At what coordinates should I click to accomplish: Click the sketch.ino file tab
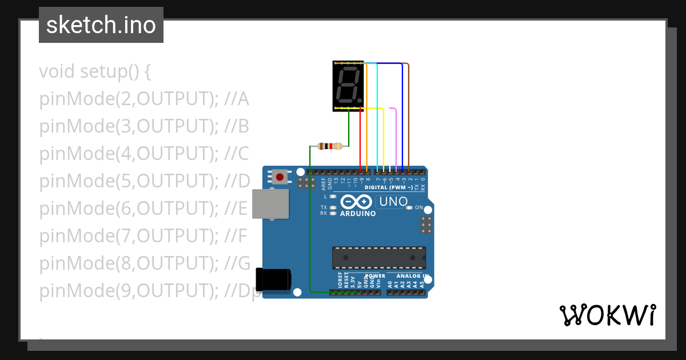[101, 25]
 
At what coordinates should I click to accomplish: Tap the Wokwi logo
[607, 315]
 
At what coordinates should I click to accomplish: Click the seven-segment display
[348, 86]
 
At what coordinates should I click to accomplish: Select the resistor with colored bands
[329, 146]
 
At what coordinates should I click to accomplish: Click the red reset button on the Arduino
[280, 177]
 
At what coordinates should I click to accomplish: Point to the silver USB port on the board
[271, 204]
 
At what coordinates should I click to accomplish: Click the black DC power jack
[273, 279]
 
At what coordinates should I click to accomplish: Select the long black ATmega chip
[379, 258]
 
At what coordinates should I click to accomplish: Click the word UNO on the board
[393, 201]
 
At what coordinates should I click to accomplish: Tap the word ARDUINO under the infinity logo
[358, 214]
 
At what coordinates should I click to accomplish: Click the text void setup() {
[95, 72]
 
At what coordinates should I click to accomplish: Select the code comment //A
[237, 99]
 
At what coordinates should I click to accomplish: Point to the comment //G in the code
[238, 264]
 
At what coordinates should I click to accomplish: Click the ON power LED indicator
[409, 207]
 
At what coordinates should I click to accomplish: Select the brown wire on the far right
[409, 114]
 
